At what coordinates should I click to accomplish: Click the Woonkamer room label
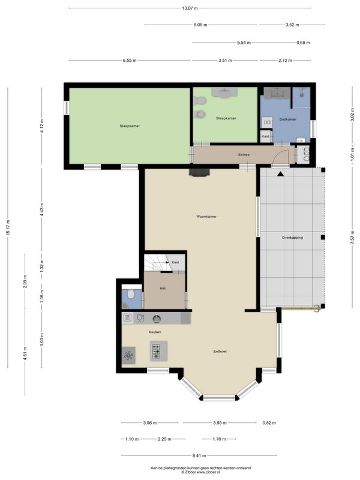point(206,217)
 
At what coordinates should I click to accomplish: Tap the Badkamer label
point(288,119)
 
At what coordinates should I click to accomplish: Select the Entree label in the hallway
point(244,155)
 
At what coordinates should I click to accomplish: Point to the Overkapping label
point(292,238)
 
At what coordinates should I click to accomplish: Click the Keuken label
point(155,332)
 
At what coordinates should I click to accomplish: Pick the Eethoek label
point(220,352)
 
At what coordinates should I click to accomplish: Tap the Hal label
point(163,289)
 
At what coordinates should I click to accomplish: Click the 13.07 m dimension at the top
point(190,8)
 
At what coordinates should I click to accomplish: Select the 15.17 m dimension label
point(8,227)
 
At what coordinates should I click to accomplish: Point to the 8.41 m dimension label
point(199,455)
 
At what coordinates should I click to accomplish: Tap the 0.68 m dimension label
point(303,43)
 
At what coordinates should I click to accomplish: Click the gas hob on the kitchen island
point(156,352)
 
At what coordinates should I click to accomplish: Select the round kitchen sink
point(157,319)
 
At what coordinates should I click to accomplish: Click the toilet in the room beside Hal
point(131,294)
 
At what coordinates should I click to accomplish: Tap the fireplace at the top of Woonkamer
point(200,172)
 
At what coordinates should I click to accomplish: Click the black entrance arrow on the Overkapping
point(280,174)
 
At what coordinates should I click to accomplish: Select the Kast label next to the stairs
point(175,262)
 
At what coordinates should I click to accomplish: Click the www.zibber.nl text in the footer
point(209,472)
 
